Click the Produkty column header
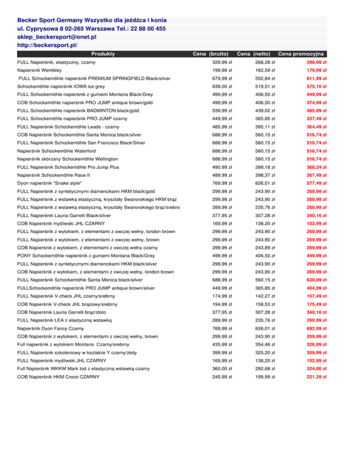(x=103, y=54)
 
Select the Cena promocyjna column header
(x=302, y=54)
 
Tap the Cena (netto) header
(x=255, y=54)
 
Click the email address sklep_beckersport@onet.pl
(x=57, y=37)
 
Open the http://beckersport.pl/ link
(x=47, y=45)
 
